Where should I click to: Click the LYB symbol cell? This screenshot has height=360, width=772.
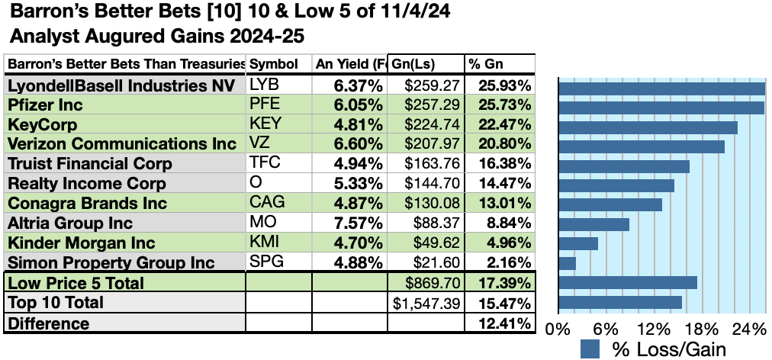click(x=263, y=85)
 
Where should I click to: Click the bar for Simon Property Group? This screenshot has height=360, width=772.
click(x=568, y=263)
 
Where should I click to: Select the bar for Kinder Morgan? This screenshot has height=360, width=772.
click(x=578, y=243)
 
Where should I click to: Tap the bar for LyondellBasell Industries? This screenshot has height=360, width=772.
click(x=661, y=88)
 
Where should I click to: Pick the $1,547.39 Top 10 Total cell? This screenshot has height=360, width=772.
click(x=427, y=303)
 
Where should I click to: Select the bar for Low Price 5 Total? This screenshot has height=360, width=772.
click(x=628, y=282)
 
